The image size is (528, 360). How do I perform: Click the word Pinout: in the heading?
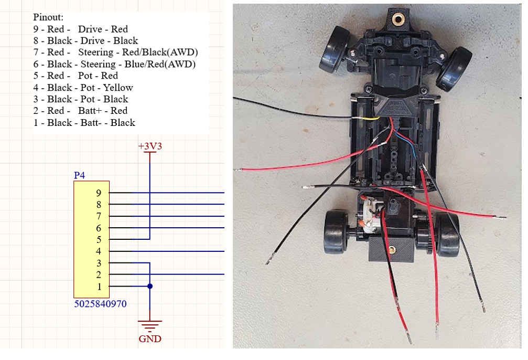(x=48, y=17)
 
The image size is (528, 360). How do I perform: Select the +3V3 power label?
(x=150, y=146)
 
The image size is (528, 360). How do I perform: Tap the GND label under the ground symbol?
(x=150, y=339)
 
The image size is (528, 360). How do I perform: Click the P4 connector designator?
(x=79, y=175)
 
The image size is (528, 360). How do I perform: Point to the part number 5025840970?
(x=100, y=304)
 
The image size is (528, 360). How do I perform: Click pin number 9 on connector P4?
(x=99, y=193)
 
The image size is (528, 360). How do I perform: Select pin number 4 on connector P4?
(x=99, y=251)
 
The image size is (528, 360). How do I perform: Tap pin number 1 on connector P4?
(x=99, y=287)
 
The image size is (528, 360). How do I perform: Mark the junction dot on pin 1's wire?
(x=150, y=286)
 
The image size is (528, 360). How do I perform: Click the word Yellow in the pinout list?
(x=118, y=88)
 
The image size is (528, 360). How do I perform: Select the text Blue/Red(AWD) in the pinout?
(x=160, y=64)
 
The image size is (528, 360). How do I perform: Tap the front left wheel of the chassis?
(x=334, y=49)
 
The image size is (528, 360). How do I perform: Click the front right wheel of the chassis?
(x=454, y=69)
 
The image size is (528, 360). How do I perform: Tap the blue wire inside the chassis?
(x=407, y=145)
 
